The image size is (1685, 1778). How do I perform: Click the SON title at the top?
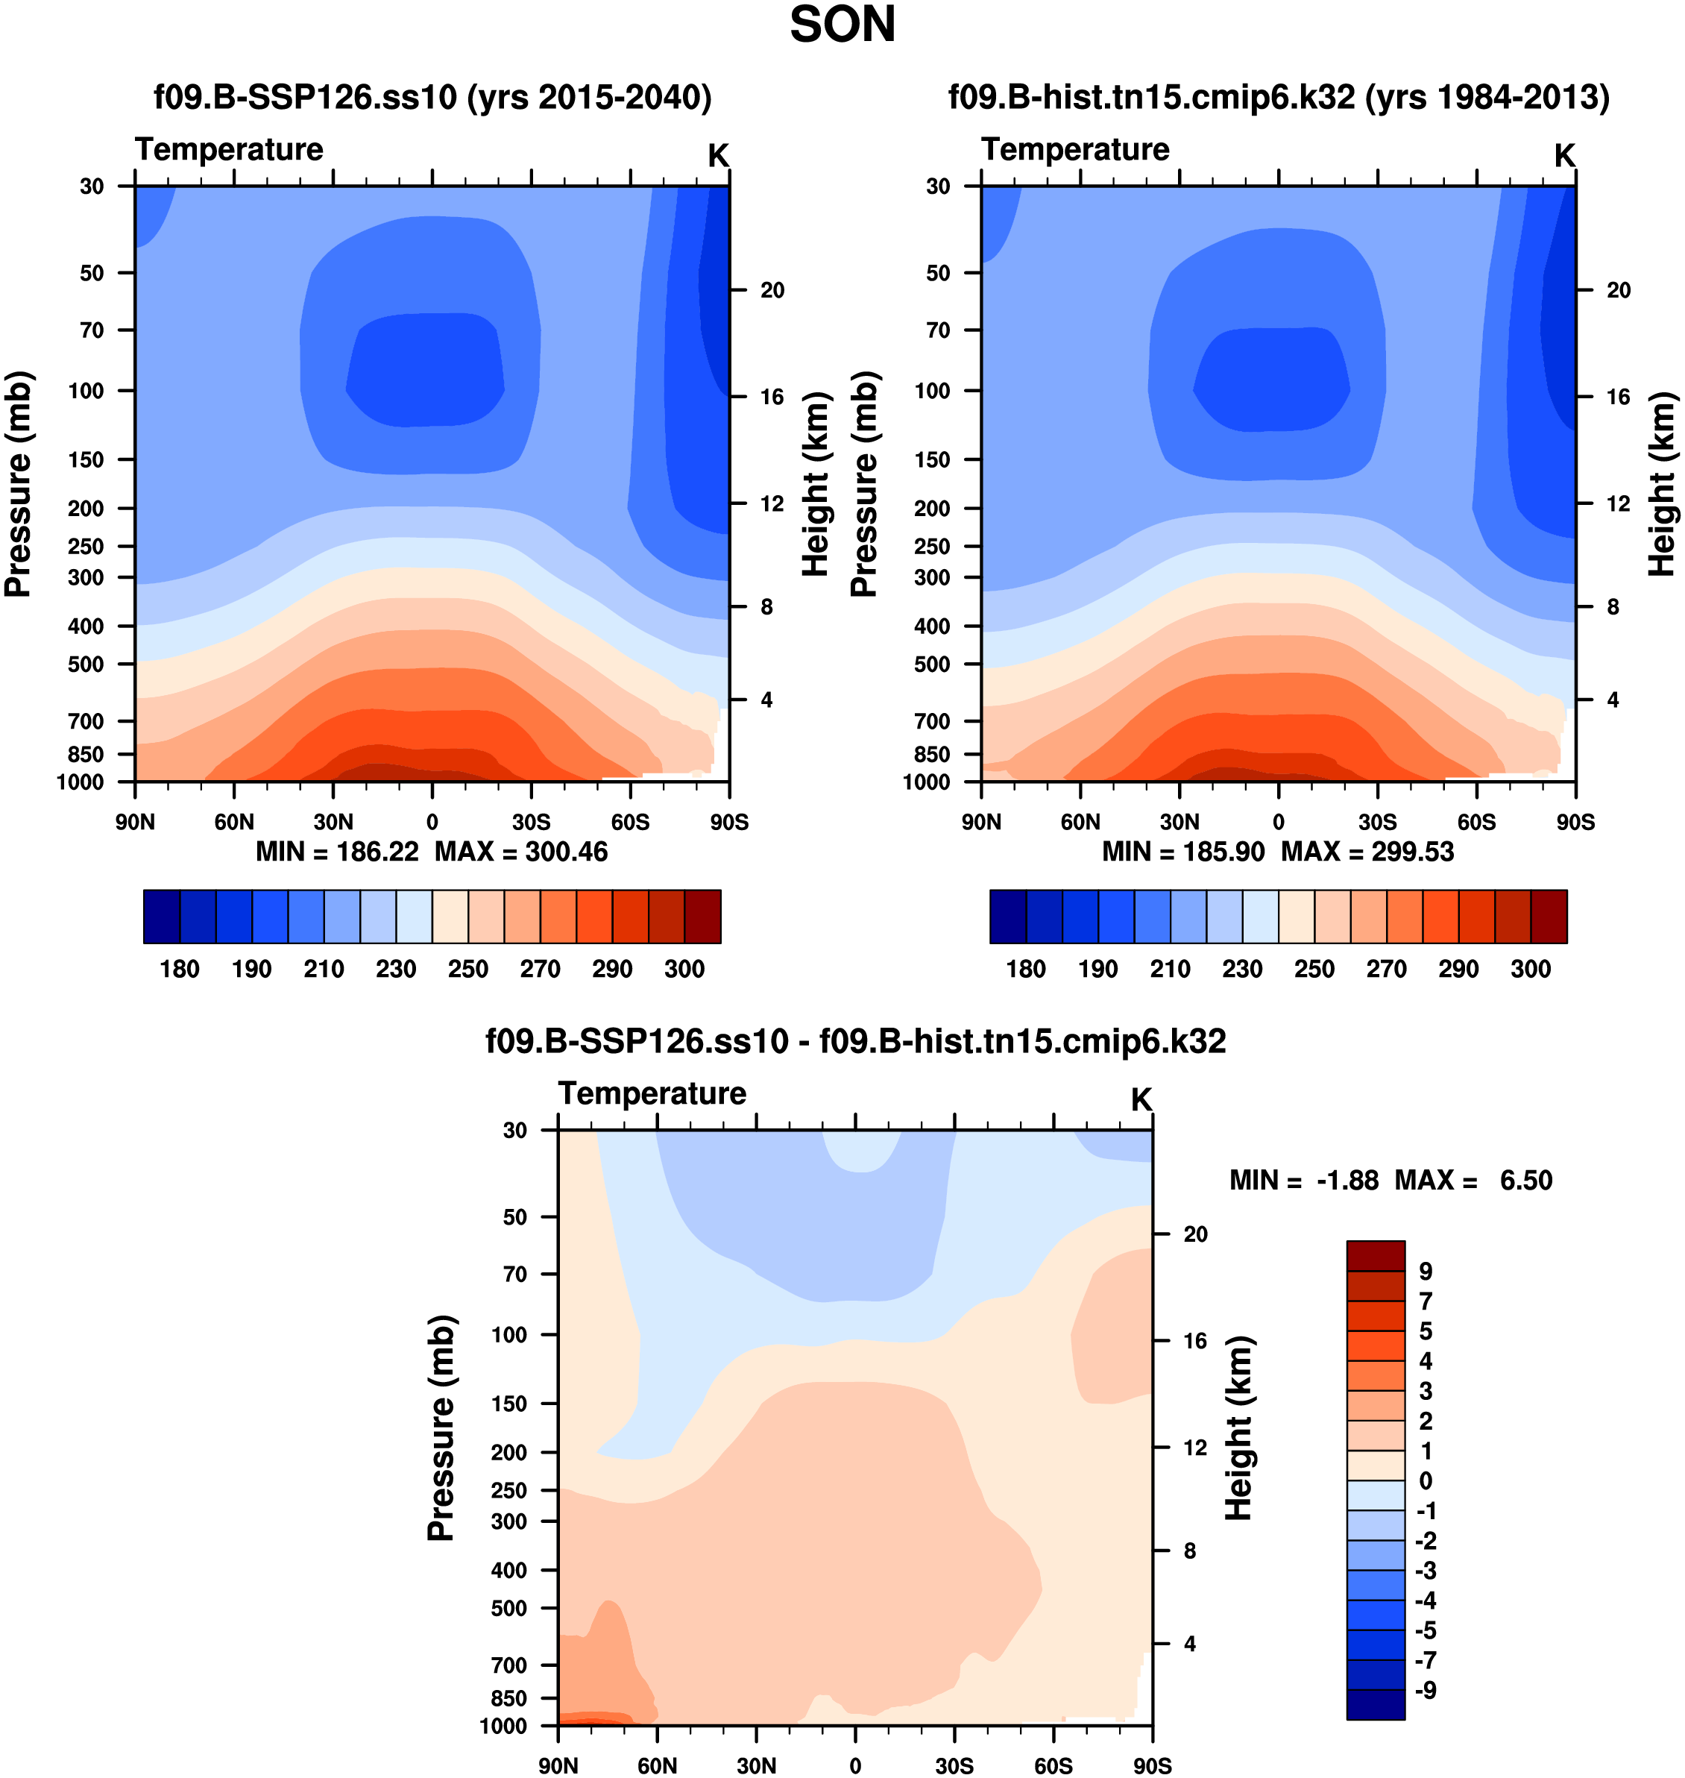[x=842, y=25]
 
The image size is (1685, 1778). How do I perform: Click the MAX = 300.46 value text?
[x=521, y=852]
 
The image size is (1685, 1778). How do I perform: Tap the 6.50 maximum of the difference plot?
[x=1525, y=1180]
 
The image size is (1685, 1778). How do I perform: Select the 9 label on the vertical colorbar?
[x=1426, y=1272]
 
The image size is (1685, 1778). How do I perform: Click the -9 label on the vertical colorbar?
[x=1426, y=1690]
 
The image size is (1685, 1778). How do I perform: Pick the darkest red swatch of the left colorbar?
[x=702, y=917]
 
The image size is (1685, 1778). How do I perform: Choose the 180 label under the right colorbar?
[x=1026, y=969]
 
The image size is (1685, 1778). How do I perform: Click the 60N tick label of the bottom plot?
[x=658, y=1765]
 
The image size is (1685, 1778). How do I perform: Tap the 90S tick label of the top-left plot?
[x=728, y=822]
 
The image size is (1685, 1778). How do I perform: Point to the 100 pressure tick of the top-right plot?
[x=931, y=391]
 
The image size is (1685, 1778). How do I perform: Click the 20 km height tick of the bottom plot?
[x=1194, y=1234]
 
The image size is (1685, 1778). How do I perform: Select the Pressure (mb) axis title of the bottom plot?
[x=441, y=1427]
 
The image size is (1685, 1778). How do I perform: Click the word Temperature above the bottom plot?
[x=652, y=1093]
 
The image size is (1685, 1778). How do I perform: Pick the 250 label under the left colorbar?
[x=468, y=969]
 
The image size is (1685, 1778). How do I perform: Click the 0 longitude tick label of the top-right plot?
[x=1278, y=822]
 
